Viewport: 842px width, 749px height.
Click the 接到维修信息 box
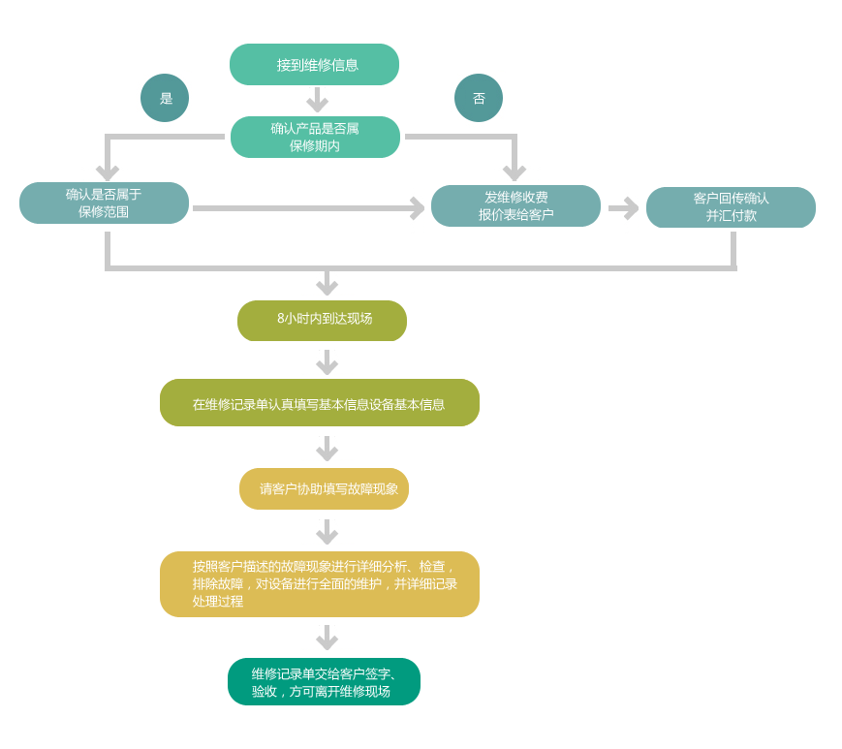(x=314, y=65)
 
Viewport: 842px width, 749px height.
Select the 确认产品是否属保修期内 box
(x=315, y=137)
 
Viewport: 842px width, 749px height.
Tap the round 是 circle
(x=165, y=98)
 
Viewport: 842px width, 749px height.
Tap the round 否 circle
(x=479, y=98)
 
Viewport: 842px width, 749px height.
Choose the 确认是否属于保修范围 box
(x=104, y=203)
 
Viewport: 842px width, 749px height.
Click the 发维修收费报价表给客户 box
(x=515, y=205)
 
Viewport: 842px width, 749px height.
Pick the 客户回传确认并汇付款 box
(x=731, y=207)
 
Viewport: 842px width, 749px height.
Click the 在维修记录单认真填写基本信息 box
(x=320, y=403)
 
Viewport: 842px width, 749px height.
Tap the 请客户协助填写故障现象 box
(x=324, y=488)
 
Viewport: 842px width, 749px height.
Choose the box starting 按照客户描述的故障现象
(x=320, y=584)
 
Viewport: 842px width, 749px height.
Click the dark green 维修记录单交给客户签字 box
(x=324, y=682)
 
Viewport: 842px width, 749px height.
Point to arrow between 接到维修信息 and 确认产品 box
(x=317, y=100)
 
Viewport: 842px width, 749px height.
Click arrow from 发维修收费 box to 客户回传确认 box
(x=623, y=208)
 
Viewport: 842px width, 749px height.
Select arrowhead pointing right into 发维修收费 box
(x=417, y=208)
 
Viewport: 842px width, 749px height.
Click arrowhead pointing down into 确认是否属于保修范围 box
(x=108, y=172)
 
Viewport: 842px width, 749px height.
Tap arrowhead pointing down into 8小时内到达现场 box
(x=327, y=286)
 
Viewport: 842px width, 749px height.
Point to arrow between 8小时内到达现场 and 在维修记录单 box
(x=327, y=362)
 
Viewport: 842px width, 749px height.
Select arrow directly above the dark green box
(x=327, y=638)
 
